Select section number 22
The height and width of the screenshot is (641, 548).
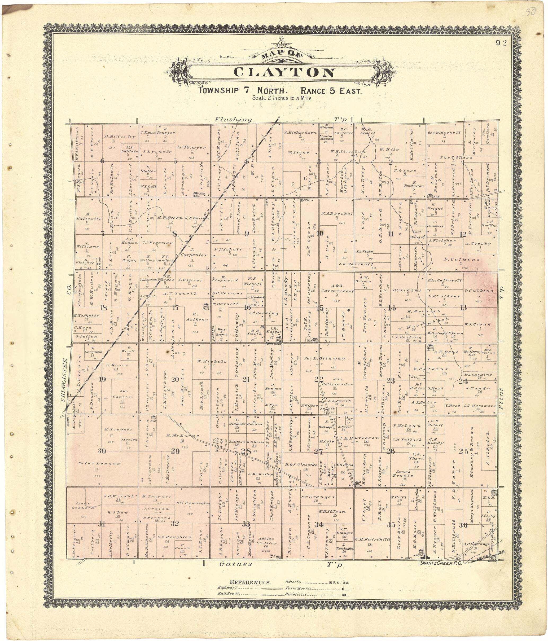click(319, 379)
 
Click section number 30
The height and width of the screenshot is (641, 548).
click(102, 451)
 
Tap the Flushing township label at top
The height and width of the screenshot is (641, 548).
click(233, 119)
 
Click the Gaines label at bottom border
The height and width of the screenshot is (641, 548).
click(236, 564)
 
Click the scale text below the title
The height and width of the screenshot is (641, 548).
click(282, 98)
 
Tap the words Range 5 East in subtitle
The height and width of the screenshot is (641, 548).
click(331, 91)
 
